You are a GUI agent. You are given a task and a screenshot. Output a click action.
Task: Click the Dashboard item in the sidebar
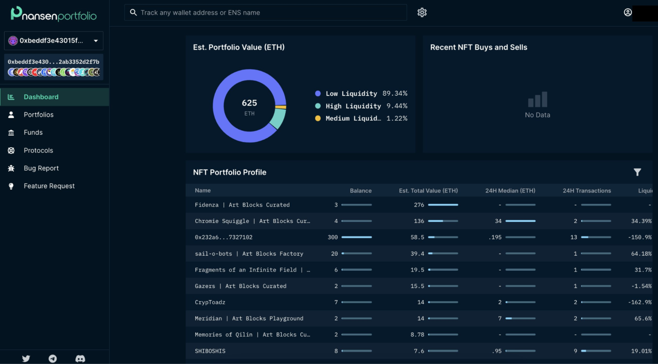pyautogui.click(x=41, y=97)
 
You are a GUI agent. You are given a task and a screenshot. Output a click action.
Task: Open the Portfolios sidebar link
pyautogui.click(x=39, y=115)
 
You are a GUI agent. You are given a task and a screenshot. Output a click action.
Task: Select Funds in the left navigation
pyautogui.click(x=33, y=133)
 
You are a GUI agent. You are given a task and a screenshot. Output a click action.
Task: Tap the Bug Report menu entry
pyautogui.click(x=41, y=168)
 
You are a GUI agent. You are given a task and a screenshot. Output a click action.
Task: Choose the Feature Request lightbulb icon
pyautogui.click(x=11, y=186)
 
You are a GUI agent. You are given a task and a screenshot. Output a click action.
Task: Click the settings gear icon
pyautogui.click(x=422, y=12)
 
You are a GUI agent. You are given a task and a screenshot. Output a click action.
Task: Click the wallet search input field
pyautogui.click(x=266, y=12)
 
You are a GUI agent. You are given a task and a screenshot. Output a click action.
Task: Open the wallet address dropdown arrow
pyautogui.click(x=96, y=41)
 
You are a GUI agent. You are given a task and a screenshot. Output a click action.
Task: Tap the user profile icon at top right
pyautogui.click(x=628, y=12)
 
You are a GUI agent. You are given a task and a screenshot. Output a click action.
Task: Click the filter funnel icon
pyautogui.click(x=637, y=172)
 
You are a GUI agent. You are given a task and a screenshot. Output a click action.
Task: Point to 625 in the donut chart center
pyautogui.click(x=249, y=103)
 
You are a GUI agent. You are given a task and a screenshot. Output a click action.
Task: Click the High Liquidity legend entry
pyautogui.click(x=353, y=106)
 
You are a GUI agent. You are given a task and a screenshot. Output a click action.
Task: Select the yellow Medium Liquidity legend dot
pyautogui.click(x=318, y=118)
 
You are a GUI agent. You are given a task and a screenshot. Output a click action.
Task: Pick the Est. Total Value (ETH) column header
pyautogui.click(x=428, y=191)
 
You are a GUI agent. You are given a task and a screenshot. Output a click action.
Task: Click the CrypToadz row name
pyautogui.click(x=210, y=302)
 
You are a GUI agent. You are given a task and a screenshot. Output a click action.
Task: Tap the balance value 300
pyautogui.click(x=332, y=237)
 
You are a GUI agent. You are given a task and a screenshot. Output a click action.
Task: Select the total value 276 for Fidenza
pyautogui.click(x=419, y=205)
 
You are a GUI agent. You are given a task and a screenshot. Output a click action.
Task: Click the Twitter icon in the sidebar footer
pyautogui.click(x=26, y=358)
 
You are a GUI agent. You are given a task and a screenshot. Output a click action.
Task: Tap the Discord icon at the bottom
pyautogui.click(x=80, y=358)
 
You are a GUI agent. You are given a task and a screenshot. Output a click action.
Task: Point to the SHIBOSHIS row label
pyautogui.click(x=210, y=351)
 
